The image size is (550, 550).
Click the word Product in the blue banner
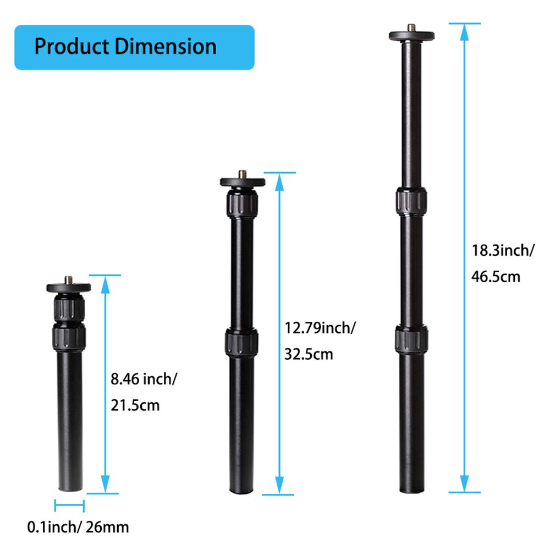pyautogui.click(x=71, y=47)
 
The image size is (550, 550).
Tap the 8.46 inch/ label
pyautogui.click(x=144, y=378)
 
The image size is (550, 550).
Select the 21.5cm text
pyautogui.click(x=135, y=406)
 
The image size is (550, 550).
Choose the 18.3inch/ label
pyautogui.click(x=503, y=251)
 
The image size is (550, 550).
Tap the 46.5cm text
pyautogui.click(x=496, y=277)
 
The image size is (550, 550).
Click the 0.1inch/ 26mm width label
pyautogui.click(x=78, y=527)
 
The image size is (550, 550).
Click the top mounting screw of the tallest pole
pyautogui.click(x=411, y=27)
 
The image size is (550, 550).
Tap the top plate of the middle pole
pyautogui.click(x=243, y=182)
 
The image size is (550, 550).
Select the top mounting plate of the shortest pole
pyautogui.click(x=69, y=287)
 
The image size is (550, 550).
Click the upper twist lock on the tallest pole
pyautogui.click(x=410, y=201)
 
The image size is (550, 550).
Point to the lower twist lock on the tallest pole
pyautogui.click(x=410, y=339)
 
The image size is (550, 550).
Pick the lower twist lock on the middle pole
pyautogui.click(x=241, y=343)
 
